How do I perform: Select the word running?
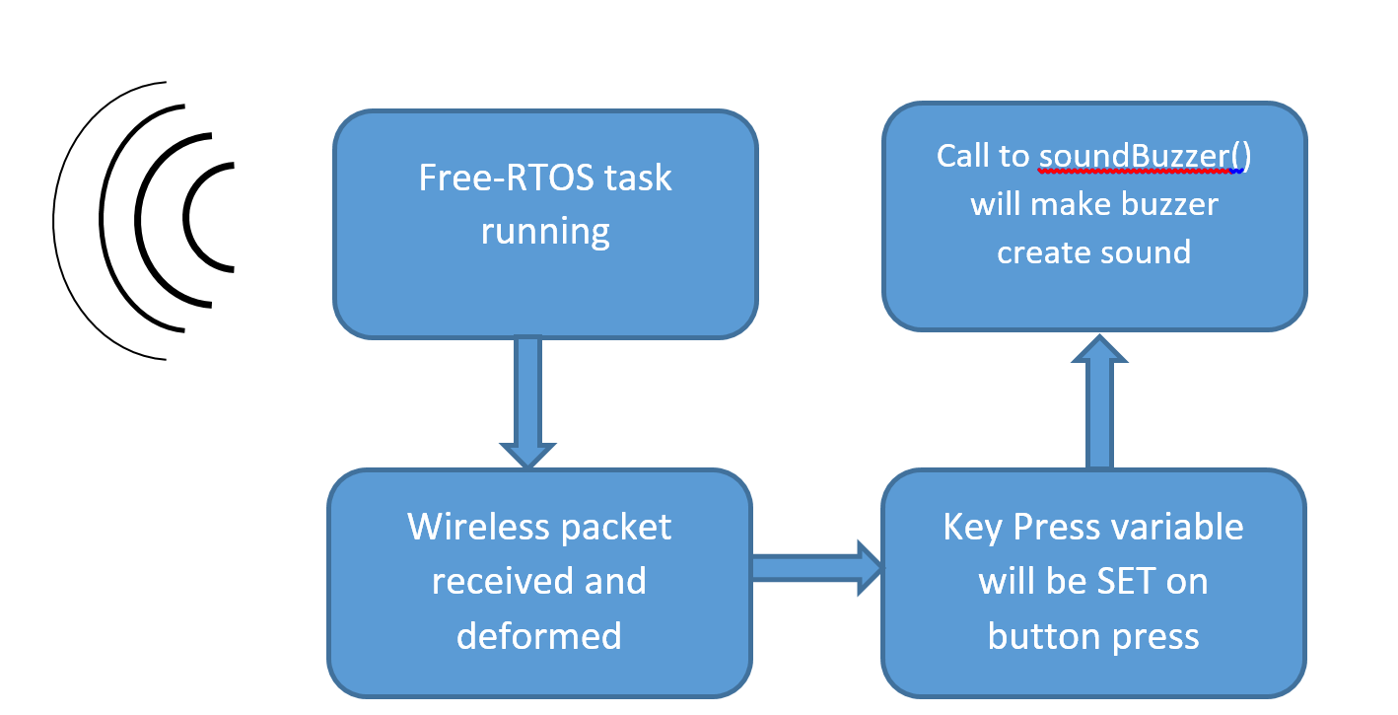(x=545, y=233)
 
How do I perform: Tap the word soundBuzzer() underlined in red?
(x=1145, y=156)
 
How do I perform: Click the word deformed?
(x=539, y=636)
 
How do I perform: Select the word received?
(x=503, y=581)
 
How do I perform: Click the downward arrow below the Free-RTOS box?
(x=527, y=402)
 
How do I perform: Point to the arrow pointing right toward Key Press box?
(x=817, y=568)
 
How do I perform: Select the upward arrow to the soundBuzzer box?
(x=1099, y=401)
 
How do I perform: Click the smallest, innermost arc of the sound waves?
(x=184, y=217)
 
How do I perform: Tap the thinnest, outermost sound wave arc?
(x=53, y=221)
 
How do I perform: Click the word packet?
(x=615, y=529)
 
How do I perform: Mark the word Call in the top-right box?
(x=962, y=156)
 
